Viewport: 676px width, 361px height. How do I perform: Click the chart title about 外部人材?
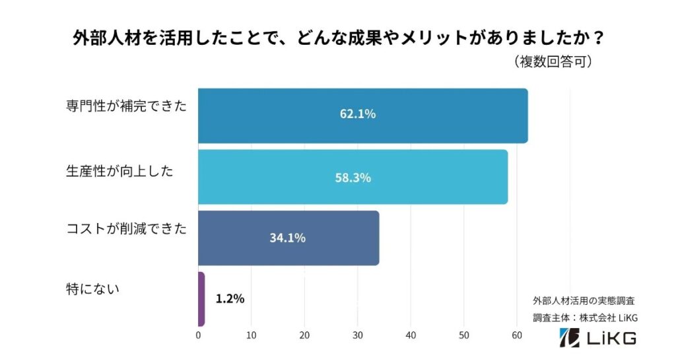pos(338,38)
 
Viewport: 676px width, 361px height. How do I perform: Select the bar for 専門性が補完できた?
pos(362,115)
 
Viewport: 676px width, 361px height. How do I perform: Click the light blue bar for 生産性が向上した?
pos(353,177)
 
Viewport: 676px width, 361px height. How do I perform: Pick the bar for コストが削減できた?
pos(288,238)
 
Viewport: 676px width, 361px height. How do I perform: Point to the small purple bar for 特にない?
pos(201,299)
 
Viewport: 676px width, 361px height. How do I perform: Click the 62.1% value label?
pos(358,114)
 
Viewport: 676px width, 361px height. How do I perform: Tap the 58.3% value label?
pos(353,178)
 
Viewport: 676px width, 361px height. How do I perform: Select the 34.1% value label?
pos(287,238)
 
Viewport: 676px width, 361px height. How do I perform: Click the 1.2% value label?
pos(230,299)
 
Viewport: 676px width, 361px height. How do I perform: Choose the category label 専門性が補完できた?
pos(126,106)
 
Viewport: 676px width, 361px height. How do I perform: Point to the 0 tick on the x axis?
pos(198,335)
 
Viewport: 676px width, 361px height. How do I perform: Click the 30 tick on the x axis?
pos(357,335)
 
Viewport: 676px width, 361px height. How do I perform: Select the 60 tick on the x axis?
pos(517,335)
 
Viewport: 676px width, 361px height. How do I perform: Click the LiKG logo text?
pos(602,339)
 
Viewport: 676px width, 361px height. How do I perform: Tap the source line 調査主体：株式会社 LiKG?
pos(585,317)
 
